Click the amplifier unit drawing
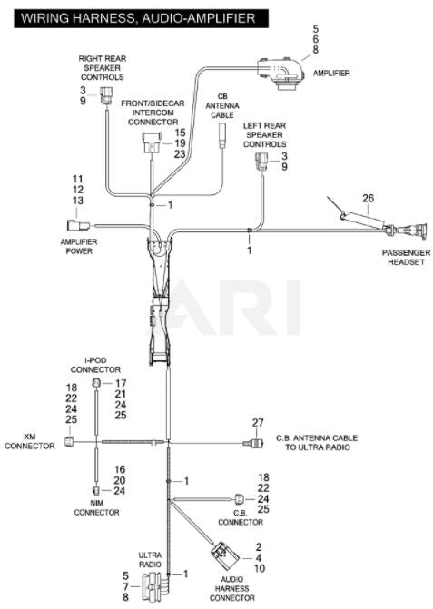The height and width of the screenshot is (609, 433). coord(282,74)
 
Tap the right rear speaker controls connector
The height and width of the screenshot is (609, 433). coord(105,95)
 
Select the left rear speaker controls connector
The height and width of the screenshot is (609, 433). coord(262,162)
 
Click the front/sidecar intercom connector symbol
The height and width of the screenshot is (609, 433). coord(151,142)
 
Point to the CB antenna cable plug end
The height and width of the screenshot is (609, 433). coord(222,135)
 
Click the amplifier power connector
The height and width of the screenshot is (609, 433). coord(78,226)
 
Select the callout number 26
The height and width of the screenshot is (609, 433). coord(369,198)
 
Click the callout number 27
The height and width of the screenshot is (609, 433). coord(258,423)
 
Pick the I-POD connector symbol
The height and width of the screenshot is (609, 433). coord(96,383)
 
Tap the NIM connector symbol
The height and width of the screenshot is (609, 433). coord(95,490)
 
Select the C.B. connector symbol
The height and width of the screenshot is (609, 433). coord(239,498)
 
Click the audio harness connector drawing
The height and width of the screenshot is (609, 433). coord(225,555)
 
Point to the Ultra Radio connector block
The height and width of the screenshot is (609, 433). coord(155,586)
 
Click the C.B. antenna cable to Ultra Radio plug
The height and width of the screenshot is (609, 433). coord(252,443)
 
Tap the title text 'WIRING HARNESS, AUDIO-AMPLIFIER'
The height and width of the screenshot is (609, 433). coord(138,18)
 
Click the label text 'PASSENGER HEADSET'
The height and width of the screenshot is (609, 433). coord(406,257)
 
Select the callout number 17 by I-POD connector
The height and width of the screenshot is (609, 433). coord(121,383)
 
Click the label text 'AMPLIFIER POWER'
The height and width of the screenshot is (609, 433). coord(79,246)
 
